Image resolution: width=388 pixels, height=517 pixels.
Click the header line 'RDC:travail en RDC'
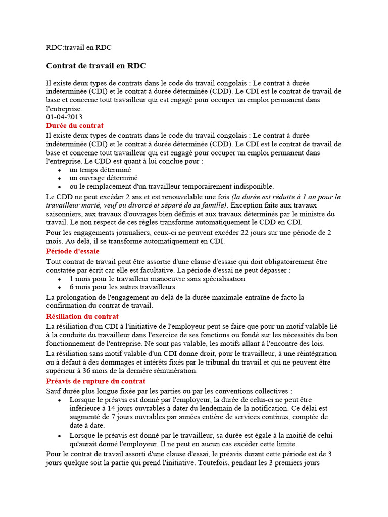point(78,47)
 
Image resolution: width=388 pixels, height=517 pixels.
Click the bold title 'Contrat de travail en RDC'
point(96,66)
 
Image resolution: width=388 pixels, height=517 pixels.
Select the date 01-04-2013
point(64,117)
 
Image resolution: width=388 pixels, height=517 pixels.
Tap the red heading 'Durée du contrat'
point(75,125)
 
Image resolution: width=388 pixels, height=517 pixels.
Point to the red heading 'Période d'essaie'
point(73,251)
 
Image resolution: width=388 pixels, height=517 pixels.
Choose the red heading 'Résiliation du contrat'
point(82,316)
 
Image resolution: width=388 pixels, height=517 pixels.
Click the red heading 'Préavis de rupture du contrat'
point(95,381)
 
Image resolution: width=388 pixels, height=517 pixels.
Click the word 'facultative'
point(199,270)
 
